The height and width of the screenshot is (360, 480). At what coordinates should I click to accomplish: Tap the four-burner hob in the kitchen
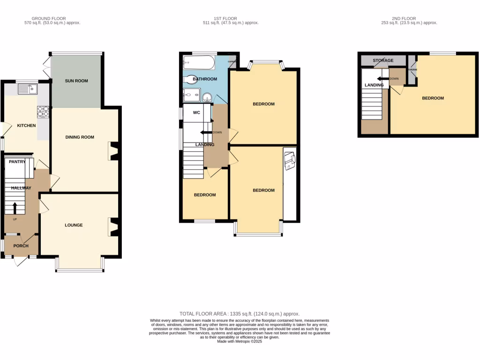pyautogui.click(x=43, y=112)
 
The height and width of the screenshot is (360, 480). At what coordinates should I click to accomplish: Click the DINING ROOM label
pyautogui.click(x=80, y=137)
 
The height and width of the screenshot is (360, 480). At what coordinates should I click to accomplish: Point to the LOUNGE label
pyautogui.click(x=74, y=225)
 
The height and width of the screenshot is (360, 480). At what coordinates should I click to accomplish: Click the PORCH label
pyautogui.click(x=21, y=246)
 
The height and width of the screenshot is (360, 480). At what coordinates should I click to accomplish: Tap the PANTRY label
pyautogui.click(x=17, y=162)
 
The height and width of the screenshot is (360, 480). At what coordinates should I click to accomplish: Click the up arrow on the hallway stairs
pyautogui.click(x=15, y=207)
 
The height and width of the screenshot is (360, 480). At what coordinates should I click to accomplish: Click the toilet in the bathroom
pyautogui.click(x=191, y=79)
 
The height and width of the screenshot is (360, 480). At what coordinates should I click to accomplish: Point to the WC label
pyautogui.click(x=196, y=112)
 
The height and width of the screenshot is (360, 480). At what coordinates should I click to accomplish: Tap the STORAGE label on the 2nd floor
pyautogui.click(x=383, y=61)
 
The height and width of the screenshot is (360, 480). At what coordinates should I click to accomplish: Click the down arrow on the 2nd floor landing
pyautogui.click(x=382, y=79)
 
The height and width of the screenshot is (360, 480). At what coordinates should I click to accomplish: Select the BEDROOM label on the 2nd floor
pyautogui.click(x=433, y=98)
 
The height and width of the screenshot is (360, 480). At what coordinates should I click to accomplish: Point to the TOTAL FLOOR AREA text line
pyautogui.click(x=240, y=314)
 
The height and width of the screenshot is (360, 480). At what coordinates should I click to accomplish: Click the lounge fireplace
pyautogui.click(x=112, y=226)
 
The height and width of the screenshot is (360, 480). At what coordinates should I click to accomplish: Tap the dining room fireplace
pyautogui.click(x=112, y=151)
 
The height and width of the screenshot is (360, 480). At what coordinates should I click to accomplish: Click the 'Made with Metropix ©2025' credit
pyautogui.click(x=240, y=342)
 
